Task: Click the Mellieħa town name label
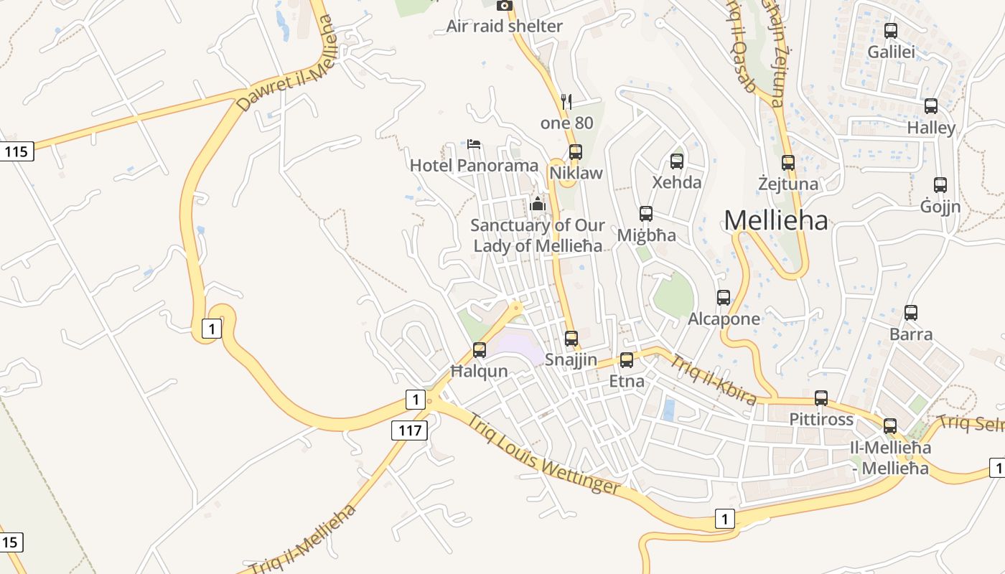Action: tap(775, 220)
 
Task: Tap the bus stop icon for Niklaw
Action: tap(575, 152)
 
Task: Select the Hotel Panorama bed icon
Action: tap(473, 143)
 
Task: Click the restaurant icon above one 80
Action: tap(566, 102)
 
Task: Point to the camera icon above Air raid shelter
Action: tap(505, 6)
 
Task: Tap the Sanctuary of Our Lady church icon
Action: tap(537, 204)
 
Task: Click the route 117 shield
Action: tap(409, 430)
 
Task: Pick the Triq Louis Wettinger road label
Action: tap(543, 454)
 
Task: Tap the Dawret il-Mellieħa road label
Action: tap(286, 64)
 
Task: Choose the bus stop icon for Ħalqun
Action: tap(479, 350)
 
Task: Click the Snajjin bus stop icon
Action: tap(571, 338)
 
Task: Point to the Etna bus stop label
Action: tap(627, 381)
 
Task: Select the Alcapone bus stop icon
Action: tap(724, 297)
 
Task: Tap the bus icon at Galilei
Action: tap(891, 31)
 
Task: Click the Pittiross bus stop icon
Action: tap(821, 398)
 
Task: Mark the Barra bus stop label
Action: tap(911, 334)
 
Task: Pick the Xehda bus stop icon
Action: tap(677, 161)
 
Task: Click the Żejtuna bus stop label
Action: tap(788, 184)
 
